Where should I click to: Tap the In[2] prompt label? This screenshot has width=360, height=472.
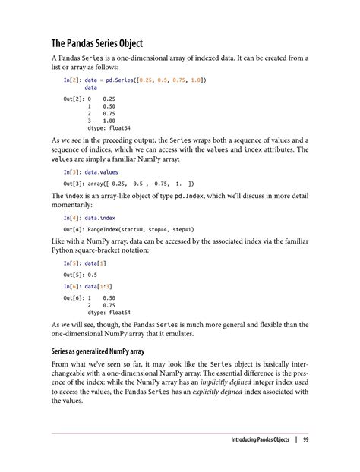point(74,80)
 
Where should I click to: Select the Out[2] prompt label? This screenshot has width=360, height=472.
point(75,99)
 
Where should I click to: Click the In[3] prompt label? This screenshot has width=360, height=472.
point(74,172)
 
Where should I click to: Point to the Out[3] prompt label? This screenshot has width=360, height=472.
point(75,184)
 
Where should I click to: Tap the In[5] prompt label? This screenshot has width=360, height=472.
point(74,263)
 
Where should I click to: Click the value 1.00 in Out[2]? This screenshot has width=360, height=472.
point(109,121)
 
